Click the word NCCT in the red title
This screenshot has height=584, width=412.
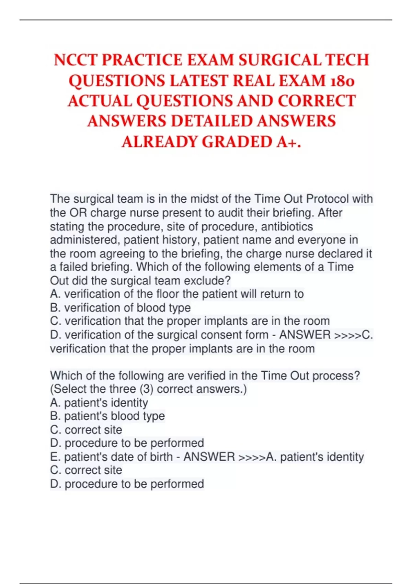[76, 60]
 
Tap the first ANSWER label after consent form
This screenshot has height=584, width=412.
[305, 335]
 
